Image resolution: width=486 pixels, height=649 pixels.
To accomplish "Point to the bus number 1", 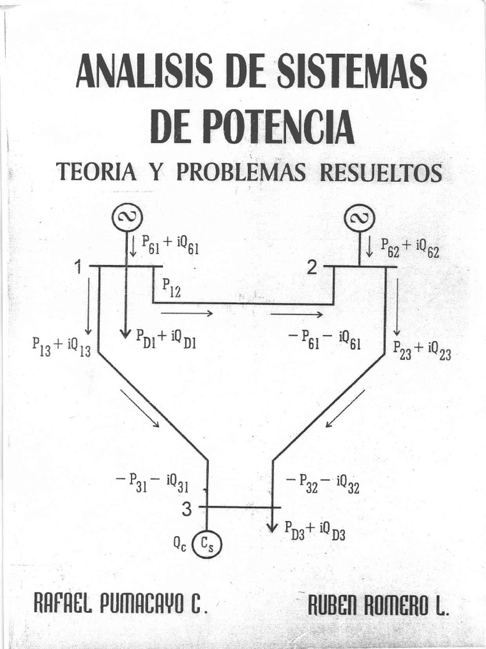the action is (x=79, y=268).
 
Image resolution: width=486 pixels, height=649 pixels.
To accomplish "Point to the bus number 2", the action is (x=312, y=268).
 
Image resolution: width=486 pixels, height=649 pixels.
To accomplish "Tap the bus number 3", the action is (x=186, y=508).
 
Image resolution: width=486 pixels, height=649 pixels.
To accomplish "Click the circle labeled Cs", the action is (x=208, y=543).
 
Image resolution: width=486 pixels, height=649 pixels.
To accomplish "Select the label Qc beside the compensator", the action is (x=180, y=543).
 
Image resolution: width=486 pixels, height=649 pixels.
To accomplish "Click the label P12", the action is (x=171, y=287).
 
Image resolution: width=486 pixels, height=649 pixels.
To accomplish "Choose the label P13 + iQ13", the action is (x=61, y=346).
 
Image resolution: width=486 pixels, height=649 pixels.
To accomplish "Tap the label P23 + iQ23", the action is (x=421, y=350).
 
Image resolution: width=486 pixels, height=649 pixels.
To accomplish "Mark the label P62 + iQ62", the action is (x=409, y=248).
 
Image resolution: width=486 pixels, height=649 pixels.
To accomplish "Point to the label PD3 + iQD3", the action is (x=315, y=529).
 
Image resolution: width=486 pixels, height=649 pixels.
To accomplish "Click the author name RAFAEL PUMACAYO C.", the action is (x=120, y=602).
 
